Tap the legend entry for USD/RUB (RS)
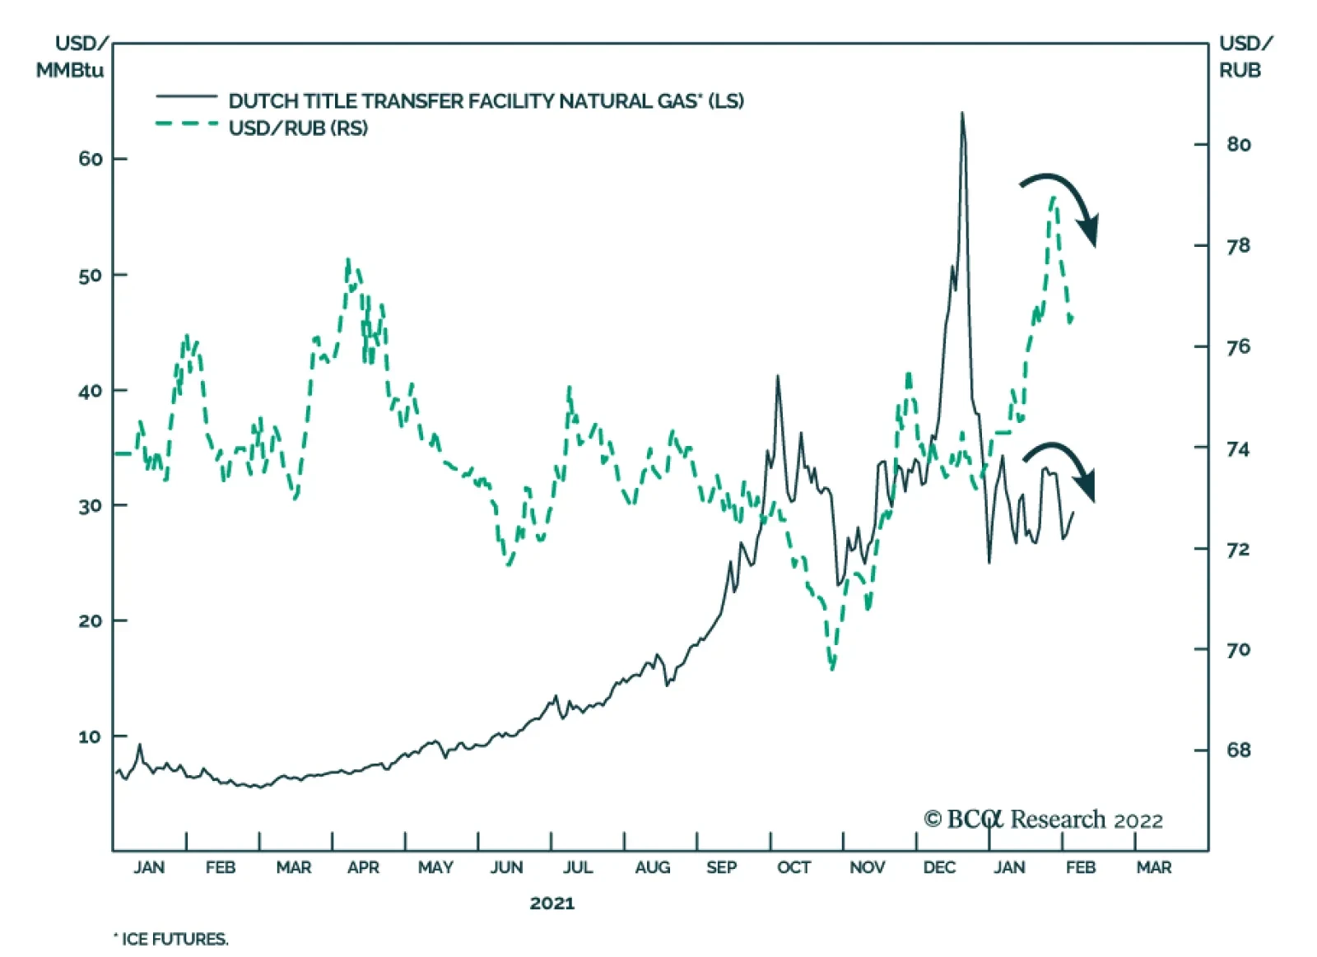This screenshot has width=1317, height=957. coord(298,128)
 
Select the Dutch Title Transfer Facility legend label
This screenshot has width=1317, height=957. coord(486,101)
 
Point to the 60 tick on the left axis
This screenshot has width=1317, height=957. coord(91,159)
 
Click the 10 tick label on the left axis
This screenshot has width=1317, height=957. coord(91,736)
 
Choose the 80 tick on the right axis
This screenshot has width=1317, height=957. coord(1238,145)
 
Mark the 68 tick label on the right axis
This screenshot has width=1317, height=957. coord(1238,750)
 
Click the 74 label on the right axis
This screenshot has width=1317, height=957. coord(1238,449)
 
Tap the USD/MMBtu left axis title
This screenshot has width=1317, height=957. coord(72,56)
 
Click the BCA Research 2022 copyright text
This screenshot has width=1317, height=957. coord(1043,820)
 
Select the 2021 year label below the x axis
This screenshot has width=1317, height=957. coord(551,904)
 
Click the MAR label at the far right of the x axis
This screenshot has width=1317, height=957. coord(1153,867)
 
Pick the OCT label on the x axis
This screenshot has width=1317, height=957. coord(793,867)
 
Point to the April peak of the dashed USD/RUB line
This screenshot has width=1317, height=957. coord(348,262)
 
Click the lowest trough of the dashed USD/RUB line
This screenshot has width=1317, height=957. coord(832,667)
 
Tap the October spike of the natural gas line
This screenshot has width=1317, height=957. coord(777,378)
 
